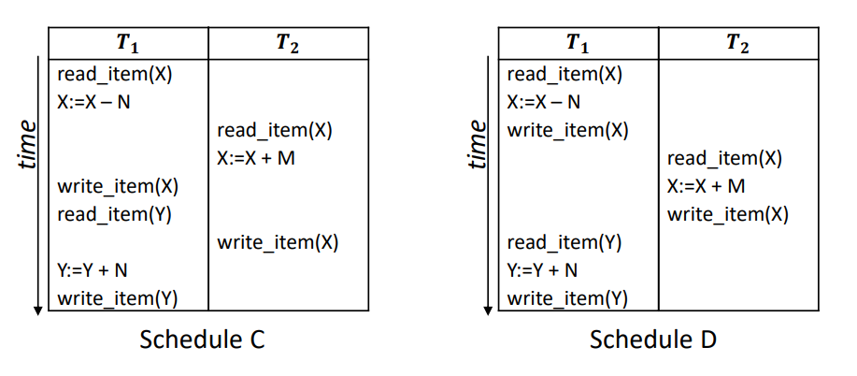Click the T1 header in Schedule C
pos(128,43)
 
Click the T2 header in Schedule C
pos(289,43)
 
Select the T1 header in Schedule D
pos(578,43)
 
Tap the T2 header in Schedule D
pos(738,43)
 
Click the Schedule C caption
pos(202,340)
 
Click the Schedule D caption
pos(652,340)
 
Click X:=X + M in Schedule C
pos(256,158)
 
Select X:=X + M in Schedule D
pos(707,186)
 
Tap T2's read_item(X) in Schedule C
pos(275,130)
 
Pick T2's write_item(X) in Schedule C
pos(278,243)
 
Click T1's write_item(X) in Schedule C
pos(118,186)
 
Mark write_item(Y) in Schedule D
pos(567,299)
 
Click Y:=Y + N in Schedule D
pos(543,271)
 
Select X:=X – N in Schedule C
pos(93,102)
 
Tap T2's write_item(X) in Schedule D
pos(728,215)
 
